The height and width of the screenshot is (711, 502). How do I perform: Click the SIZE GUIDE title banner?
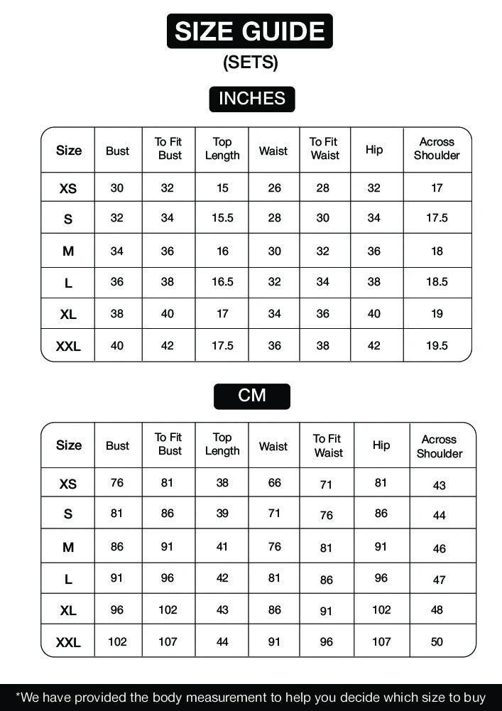(x=250, y=31)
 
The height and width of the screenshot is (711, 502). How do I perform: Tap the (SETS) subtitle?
(x=250, y=63)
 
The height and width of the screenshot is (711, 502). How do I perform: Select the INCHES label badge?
(x=251, y=99)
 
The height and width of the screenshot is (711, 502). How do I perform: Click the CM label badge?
(x=251, y=396)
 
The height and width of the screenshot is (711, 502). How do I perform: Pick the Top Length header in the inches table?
(x=222, y=148)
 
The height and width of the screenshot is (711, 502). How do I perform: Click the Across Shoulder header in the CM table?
(x=439, y=447)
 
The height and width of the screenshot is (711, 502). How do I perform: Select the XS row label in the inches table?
(x=68, y=189)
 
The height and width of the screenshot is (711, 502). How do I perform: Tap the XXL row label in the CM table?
(x=68, y=643)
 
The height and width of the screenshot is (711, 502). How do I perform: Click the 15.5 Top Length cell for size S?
(x=222, y=218)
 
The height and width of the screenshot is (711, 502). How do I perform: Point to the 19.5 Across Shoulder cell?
(x=437, y=346)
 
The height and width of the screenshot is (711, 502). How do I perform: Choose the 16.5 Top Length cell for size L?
(x=222, y=282)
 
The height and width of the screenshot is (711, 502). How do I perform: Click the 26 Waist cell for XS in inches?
(x=274, y=188)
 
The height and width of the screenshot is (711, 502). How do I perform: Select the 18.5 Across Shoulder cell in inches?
(x=437, y=282)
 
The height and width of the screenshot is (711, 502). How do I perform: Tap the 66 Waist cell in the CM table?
(x=274, y=483)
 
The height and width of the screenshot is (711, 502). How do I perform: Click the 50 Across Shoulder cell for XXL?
(x=437, y=642)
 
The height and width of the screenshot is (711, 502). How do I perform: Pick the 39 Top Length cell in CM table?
(x=222, y=514)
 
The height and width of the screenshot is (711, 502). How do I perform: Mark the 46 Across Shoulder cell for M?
(x=439, y=548)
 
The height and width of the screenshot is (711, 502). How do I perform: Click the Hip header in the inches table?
(x=374, y=150)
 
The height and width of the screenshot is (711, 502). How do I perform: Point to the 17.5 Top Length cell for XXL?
(x=222, y=346)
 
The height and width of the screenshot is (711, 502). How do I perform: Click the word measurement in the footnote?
(x=217, y=698)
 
